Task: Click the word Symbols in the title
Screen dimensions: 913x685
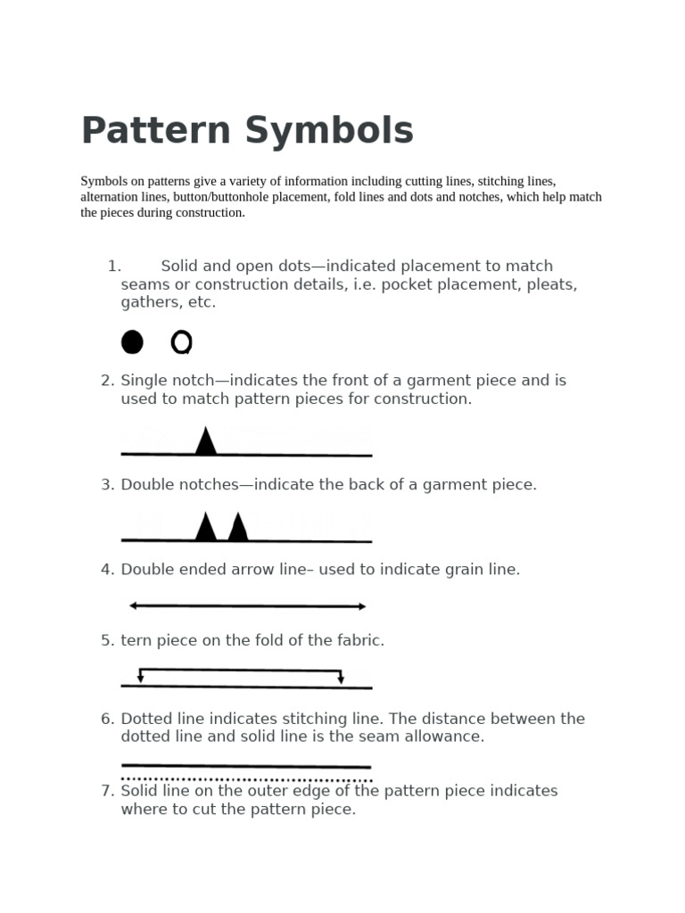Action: [330, 131]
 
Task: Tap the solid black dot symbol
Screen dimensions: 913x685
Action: [132, 342]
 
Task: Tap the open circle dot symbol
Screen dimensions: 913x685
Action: [181, 342]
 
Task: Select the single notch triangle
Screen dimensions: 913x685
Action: [206, 441]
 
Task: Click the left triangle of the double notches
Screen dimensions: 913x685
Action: [206, 527]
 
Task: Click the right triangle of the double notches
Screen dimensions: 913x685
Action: [238, 527]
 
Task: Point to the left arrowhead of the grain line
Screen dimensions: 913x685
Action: [134, 605]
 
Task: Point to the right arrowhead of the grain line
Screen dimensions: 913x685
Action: [361, 606]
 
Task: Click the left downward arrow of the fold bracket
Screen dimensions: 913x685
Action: [141, 678]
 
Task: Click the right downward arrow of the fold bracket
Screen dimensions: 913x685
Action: [341, 679]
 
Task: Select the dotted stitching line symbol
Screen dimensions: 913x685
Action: [246, 779]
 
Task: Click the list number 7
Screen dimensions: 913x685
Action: [107, 791]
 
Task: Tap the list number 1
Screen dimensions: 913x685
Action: [113, 266]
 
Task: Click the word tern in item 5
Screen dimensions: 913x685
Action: [136, 640]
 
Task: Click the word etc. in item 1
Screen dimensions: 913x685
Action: [202, 302]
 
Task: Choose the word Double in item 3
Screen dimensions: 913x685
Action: [147, 485]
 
